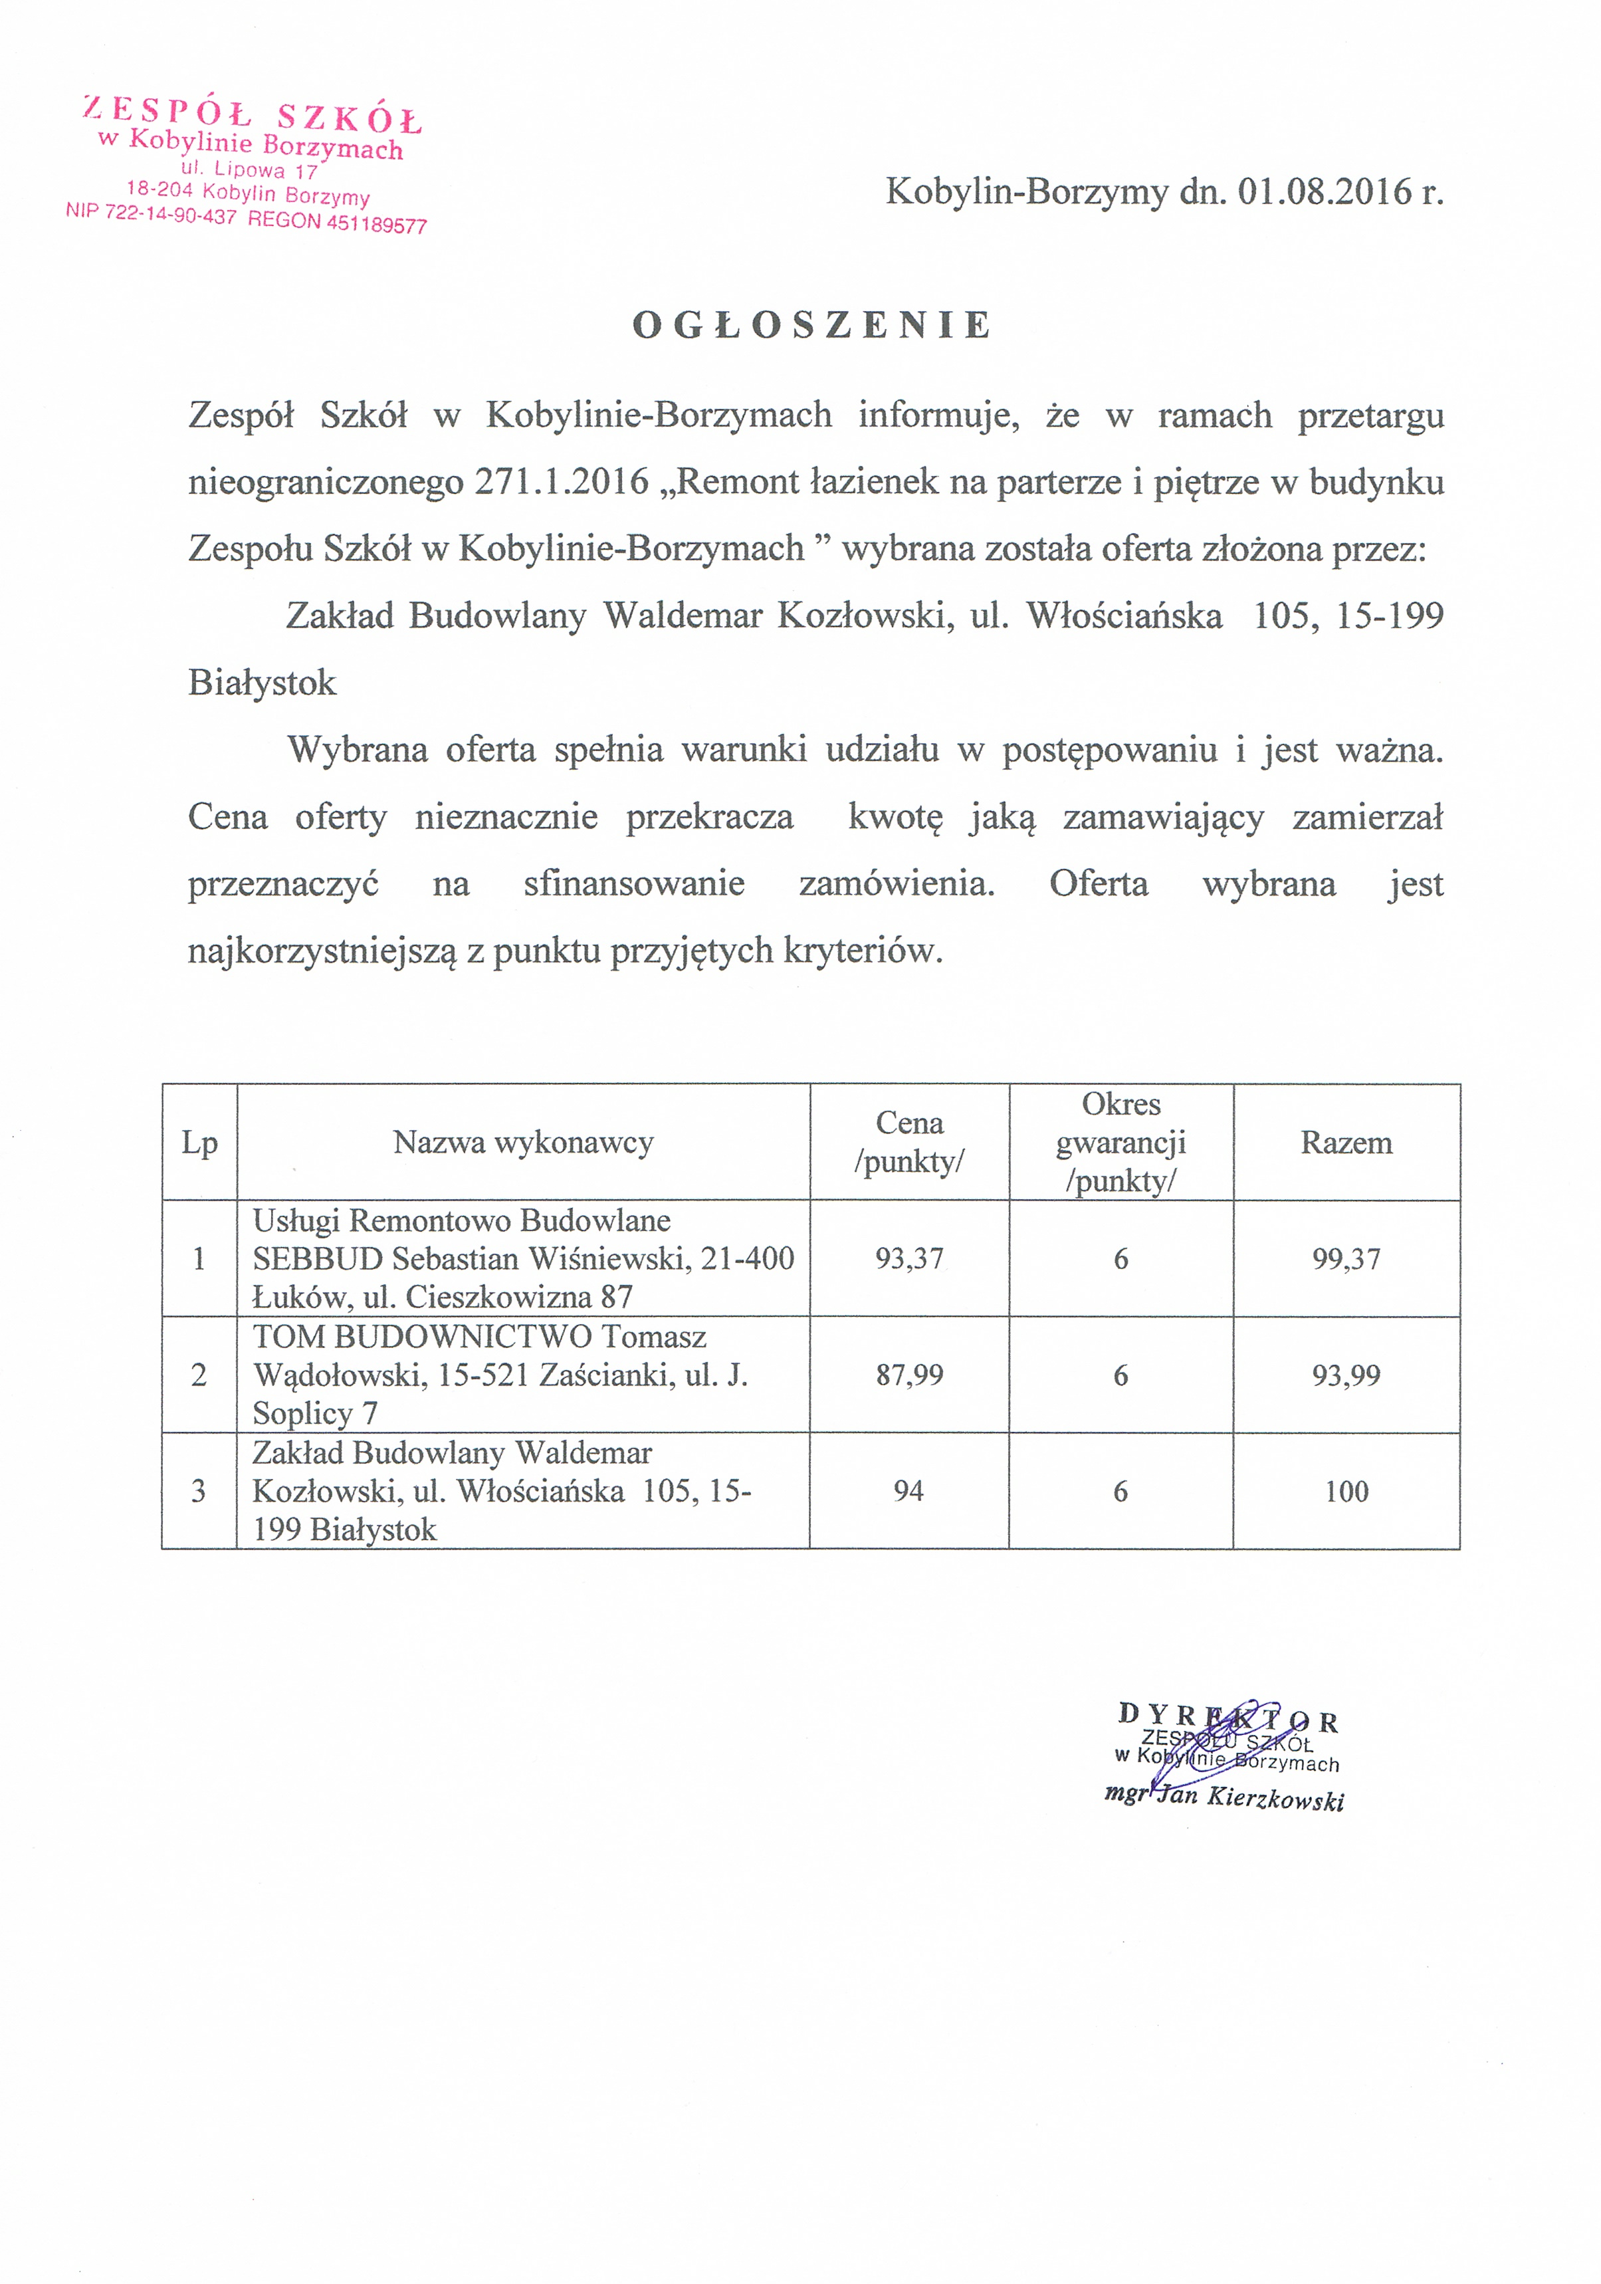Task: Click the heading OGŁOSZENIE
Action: (812, 325)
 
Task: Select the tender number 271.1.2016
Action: (562, 483)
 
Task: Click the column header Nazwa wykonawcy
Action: (523, 1142)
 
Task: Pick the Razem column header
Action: (1346, 1142)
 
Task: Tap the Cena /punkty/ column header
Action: (909, 1142)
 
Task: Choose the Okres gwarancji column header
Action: (1121, 1142)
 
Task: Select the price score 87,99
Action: (909, 1375)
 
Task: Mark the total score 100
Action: (1346, 1491)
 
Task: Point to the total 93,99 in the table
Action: (1346, 1375)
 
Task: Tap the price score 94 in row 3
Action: (909, 1491)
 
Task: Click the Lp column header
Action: (199, 1142)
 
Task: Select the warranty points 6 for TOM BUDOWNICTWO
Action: (1121, 1375)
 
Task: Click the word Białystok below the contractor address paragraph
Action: (263, 683)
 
